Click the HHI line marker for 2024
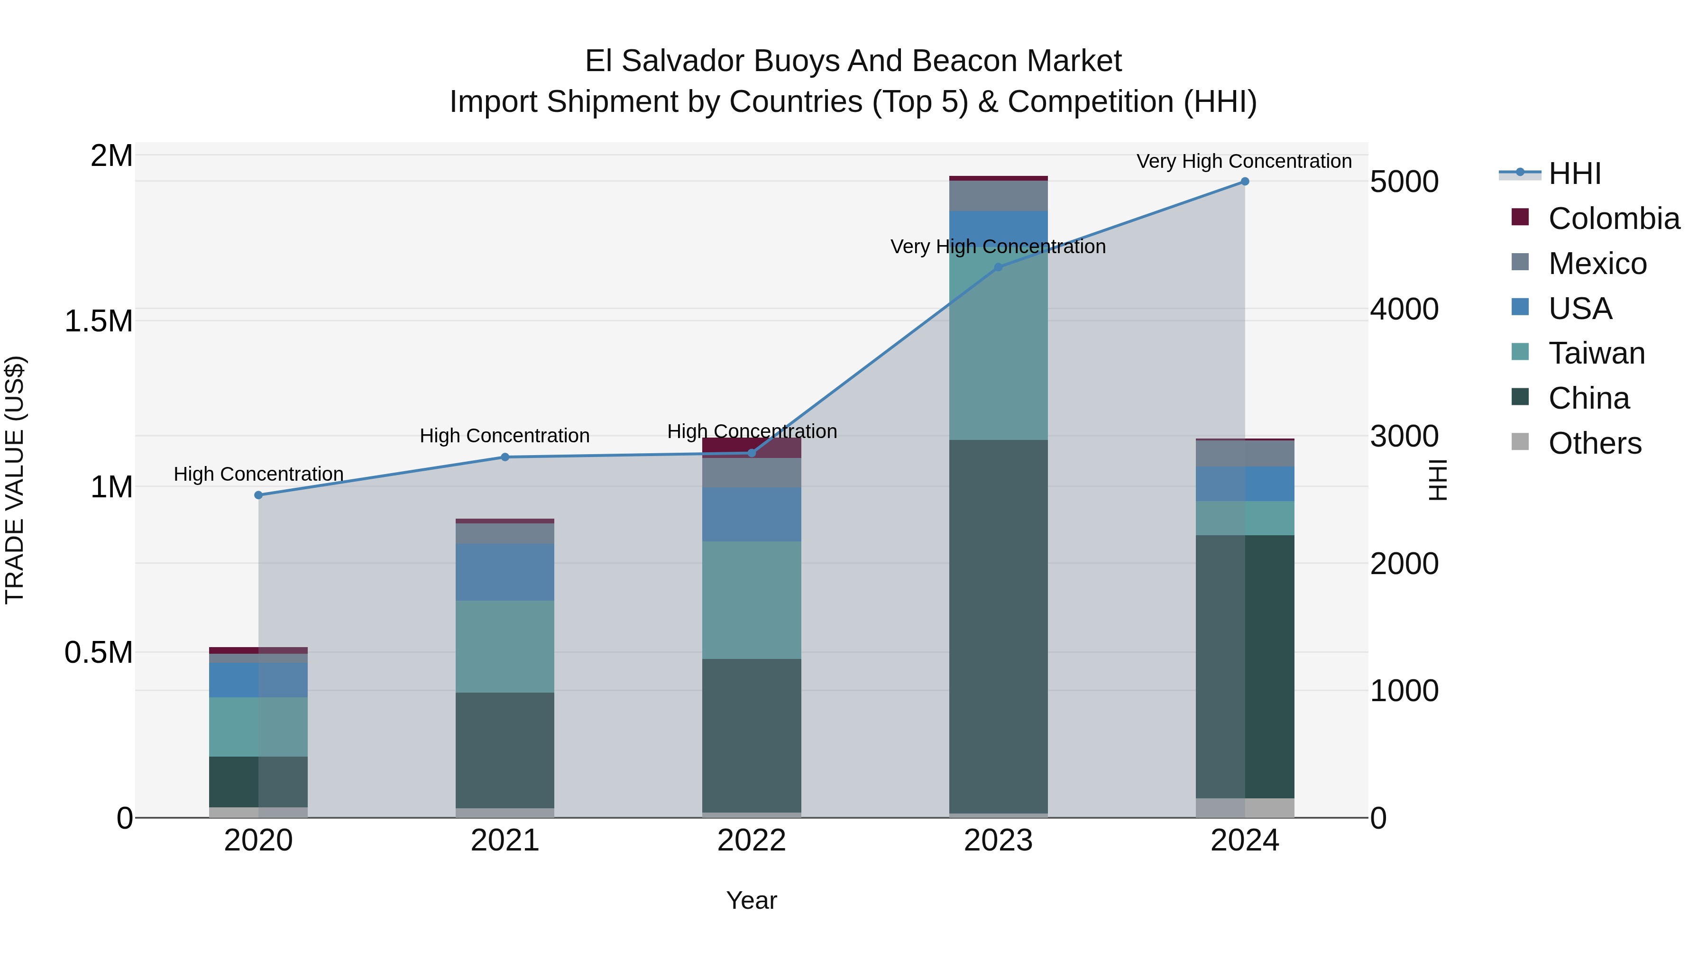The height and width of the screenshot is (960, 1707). pyautogui.click(x=1245, y=182)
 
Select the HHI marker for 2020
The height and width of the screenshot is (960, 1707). pyautogui.click(x=258, y=495)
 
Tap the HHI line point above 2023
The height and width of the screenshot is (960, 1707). pyautogui.click(x=999, y=267)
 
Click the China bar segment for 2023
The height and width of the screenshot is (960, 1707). pyautogui.click(x=998, y=626)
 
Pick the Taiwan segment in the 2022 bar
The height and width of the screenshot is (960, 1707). pyautogui.click(x=752, y=600)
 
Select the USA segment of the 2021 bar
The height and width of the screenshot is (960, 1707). pyautogui.click(x=505, y=572)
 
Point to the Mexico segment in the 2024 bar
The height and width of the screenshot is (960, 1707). pyautogui.click(x=1245, y=453)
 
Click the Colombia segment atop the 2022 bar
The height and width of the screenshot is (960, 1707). pyautogui.click(x=752, y=445)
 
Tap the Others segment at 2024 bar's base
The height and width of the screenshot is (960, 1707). pyautogui.click(x=1245, y=808)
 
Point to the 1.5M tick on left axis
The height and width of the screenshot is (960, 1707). pyautogui.click(x=99, y=321)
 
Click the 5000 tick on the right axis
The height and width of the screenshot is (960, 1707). pyautogui.click(x=1404, y=182)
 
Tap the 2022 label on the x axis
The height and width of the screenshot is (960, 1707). pyautogui.click(x=752, y=841)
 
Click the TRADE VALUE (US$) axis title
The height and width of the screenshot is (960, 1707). pyautogui.click(x=15, y=480)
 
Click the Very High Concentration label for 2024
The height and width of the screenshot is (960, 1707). pyautogui.click(x=1244, y=161)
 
